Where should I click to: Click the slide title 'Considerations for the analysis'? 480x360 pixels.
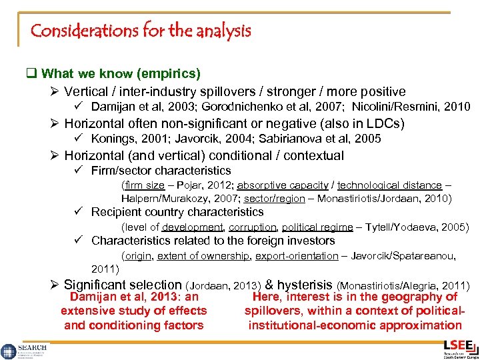tap(141, 31)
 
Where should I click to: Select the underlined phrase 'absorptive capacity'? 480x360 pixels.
tap(282, 185)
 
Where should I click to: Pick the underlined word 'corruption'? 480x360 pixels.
tap(252, 227)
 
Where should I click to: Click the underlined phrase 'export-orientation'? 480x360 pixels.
tap(297, 256)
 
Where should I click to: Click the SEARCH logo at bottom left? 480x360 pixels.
tap(23, 349)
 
